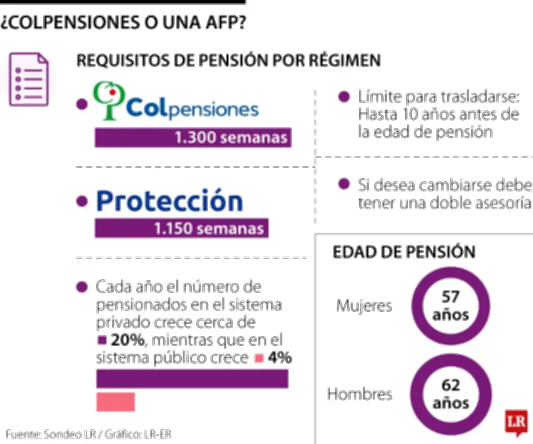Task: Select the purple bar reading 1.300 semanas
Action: [x=193, y=138]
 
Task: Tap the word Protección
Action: [x=169, y=201]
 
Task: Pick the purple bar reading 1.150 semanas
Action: [x=182, y=229]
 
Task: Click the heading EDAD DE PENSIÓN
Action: [x=404, y=252]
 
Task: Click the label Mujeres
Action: [x=364, y=306]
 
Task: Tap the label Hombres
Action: [x=359, y=394]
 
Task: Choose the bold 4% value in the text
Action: [x=280, y=358]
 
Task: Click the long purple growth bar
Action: [x=193, y=379]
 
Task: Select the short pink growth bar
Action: [x=116, y=402]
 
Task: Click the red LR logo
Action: [x=516, y=422]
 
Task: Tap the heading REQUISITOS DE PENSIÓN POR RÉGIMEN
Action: [x=229, y=60]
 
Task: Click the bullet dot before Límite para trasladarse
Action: [x=344, y=97]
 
